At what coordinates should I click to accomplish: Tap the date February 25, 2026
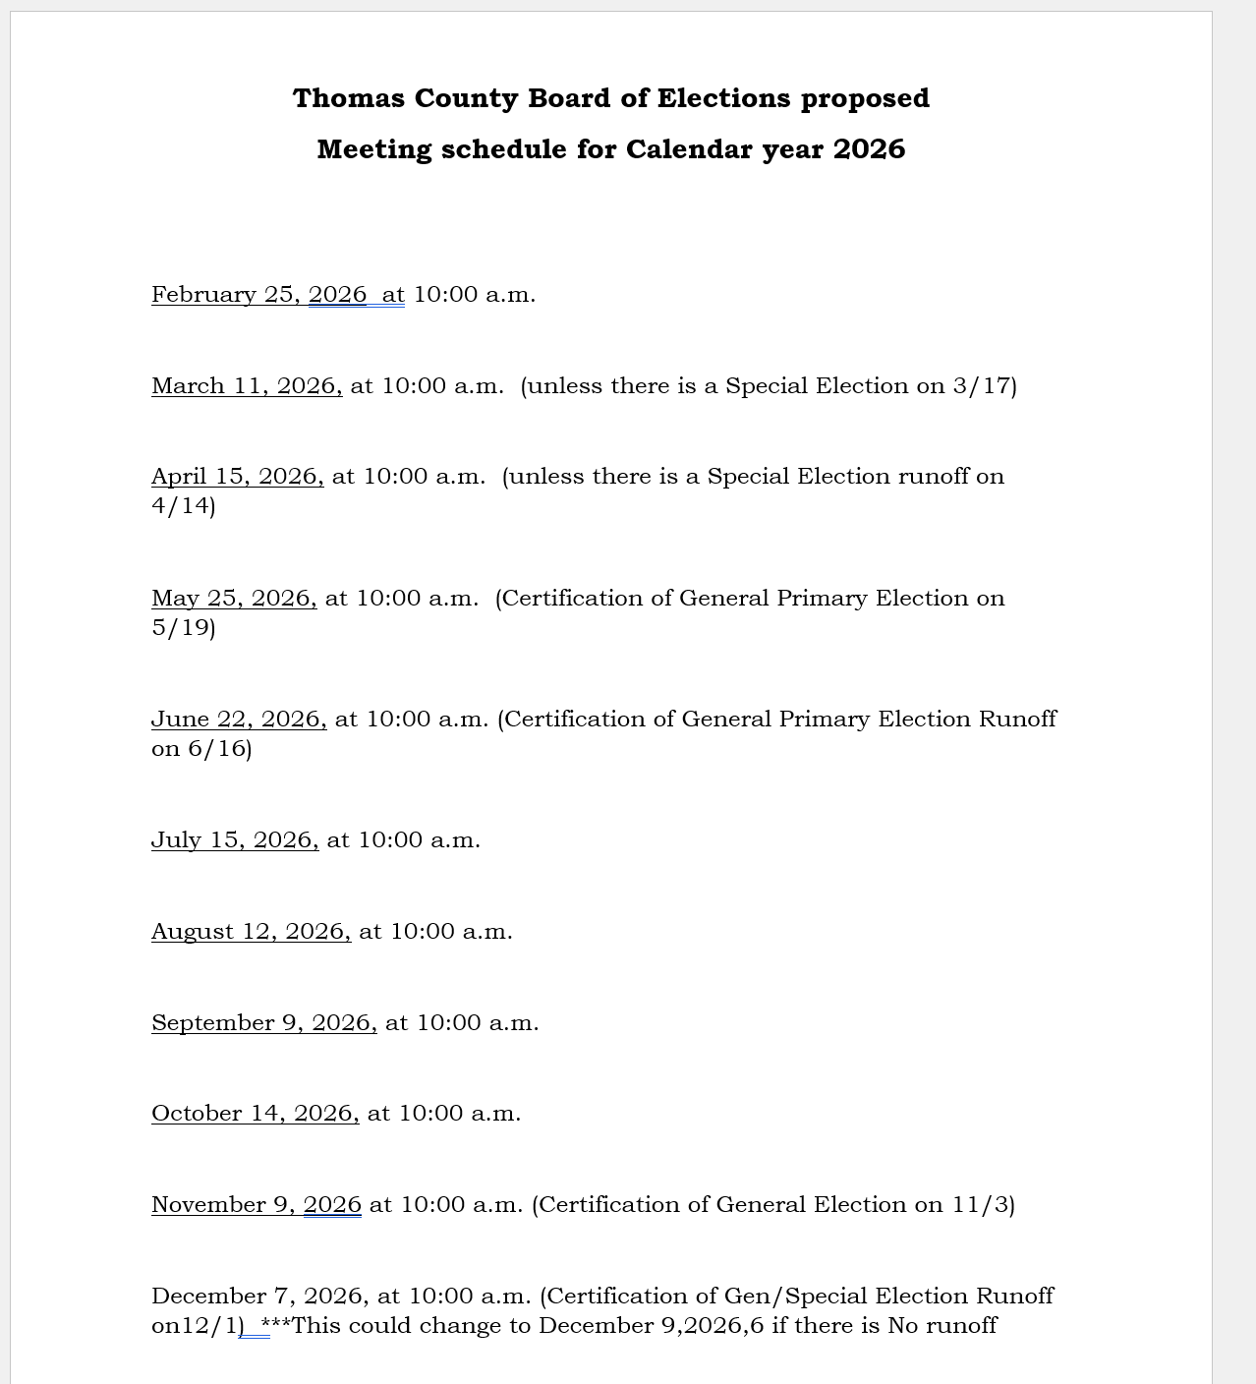[x=258, y=295]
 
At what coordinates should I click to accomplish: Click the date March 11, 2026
[x=246, y=386]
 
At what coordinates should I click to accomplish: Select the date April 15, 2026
[x=237, y=477]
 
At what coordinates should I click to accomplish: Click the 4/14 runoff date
[x=181, y=506]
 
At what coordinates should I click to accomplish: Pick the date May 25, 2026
[x=233, y=599]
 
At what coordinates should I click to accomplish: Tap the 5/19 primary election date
[x=181, y=628]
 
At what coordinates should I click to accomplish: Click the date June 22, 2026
[x=238, y=720]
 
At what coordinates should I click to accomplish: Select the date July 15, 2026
[x=234, y=840]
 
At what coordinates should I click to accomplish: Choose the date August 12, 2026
[x=250, y=932]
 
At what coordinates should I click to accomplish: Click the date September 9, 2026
[x=263, y=1023]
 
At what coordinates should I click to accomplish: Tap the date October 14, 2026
[x=255, y=1114]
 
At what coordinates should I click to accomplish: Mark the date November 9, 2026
[x=256, y=1205]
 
